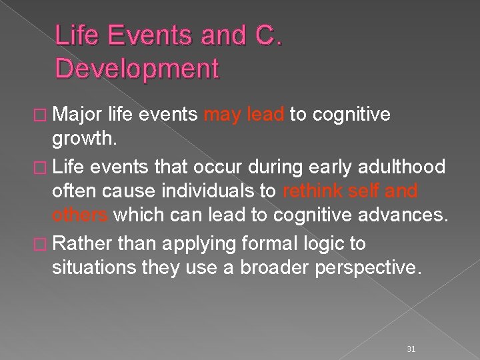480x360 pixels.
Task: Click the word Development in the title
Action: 137,69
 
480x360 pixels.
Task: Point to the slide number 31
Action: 411,331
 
